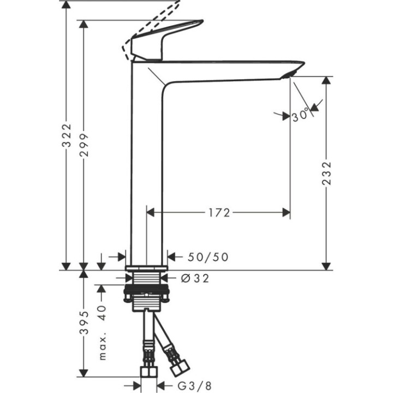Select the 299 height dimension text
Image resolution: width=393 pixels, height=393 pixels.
(x=84, y=144)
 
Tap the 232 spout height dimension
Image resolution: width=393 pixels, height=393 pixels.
(x=326, y=174)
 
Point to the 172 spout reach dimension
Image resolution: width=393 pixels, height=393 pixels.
(x=219, y=212)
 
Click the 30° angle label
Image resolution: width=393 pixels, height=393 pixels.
(x=300, y=116)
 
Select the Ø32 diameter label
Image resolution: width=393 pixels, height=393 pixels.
(x=195, y=278)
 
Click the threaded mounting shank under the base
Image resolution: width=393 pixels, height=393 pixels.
(x=146, y=292)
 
